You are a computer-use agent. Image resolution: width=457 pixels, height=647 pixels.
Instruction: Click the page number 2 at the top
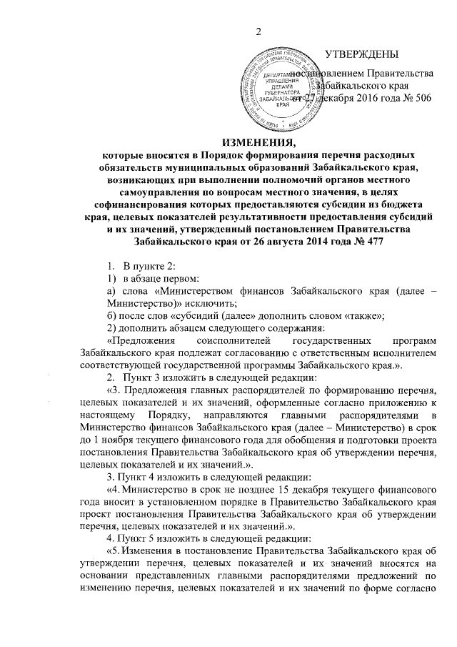259,30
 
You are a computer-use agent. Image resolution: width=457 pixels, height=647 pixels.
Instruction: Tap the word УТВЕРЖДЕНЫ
361,54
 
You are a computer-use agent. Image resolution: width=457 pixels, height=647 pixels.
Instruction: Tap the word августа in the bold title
293,242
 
